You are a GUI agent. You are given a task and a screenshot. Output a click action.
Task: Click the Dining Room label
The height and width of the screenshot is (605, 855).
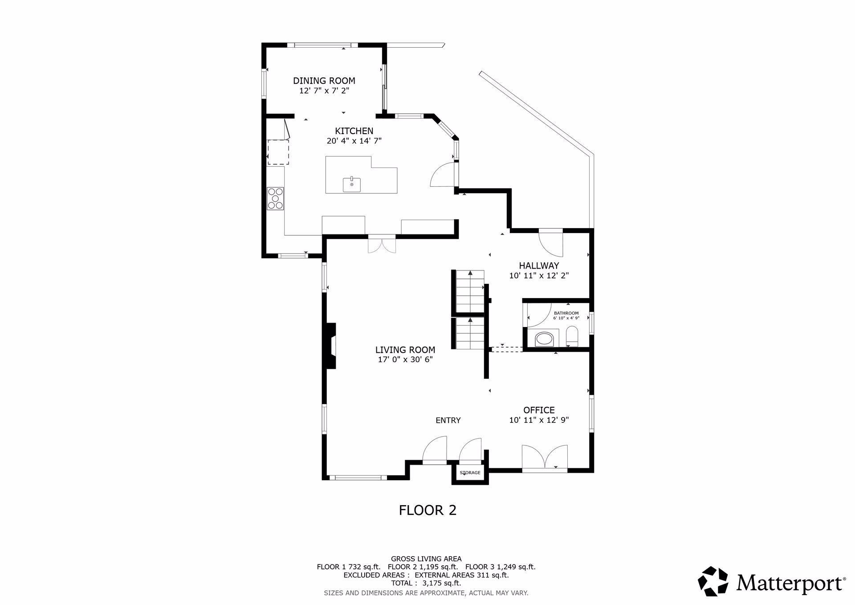[x=324, y=81]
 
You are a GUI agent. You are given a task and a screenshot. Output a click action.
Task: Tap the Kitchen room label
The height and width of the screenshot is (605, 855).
[x=354, y=131]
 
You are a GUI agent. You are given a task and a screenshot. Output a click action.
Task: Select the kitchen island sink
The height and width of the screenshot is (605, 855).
[x=352, y=184]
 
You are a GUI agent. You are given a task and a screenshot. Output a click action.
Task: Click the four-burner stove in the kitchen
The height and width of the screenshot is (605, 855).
[x=275, y=198]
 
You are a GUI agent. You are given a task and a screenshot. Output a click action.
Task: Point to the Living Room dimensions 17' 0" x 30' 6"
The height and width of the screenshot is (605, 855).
[x=405, y=360]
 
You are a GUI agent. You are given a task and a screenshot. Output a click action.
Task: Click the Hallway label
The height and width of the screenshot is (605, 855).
[x=539, y=266]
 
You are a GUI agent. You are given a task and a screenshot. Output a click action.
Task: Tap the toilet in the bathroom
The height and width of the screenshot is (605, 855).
[x=571, y=336]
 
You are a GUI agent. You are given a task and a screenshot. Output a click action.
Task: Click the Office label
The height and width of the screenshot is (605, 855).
[x=539, y=410]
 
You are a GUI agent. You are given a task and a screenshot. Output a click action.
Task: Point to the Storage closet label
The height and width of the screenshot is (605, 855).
[x=470, y=473]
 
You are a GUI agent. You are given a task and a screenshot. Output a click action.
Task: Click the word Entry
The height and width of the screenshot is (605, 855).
[x=448, y=420]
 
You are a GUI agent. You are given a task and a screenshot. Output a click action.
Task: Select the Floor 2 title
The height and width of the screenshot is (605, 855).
[x=427, y=510]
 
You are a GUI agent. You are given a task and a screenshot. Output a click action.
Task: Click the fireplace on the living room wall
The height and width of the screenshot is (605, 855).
[x=330, y=345]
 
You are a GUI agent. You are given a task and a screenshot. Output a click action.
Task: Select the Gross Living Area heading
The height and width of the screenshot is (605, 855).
[x=426, y=559]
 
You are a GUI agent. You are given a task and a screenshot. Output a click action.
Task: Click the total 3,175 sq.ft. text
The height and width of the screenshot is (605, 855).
[x=426, y=583]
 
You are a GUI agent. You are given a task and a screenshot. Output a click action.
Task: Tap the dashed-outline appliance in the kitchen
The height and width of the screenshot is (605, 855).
[x=278, y=152]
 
